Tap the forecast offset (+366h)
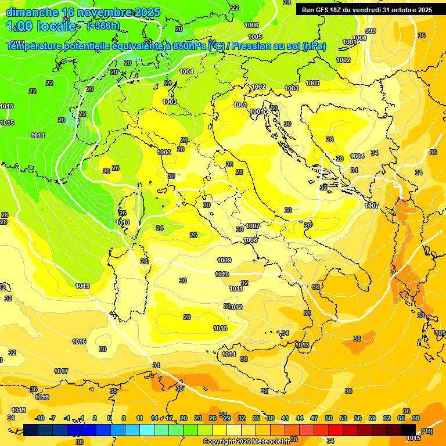click(x=103, y=26)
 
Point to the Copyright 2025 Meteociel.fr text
click(x=246, y=441)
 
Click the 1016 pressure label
click(x=79, y=341)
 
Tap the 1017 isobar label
click(x=61, y=371)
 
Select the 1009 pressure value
click(x=224, y=260)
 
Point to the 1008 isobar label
click(x=250, y=240)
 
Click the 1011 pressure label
click(x=236, y=289)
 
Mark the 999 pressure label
click(x=371, y=31)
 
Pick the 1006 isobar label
click(x=251, y=25)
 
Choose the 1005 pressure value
click(x=256, y=53)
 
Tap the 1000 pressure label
click(x=360, y=38)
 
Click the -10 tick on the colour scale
click(x=39, y=418)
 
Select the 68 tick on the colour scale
click(x=416, y=418)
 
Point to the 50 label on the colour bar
click(x=329, y=418)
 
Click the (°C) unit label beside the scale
click(x=426, y=431)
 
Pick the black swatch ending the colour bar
click(x=408, y=430)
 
